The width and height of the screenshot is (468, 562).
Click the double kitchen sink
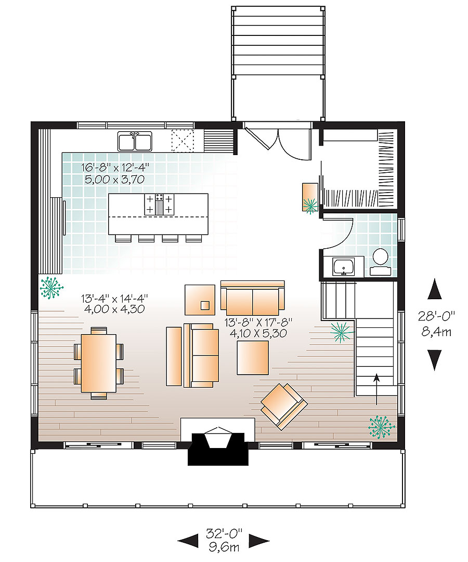click(135, 141)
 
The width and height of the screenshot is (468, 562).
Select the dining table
click(99, 363)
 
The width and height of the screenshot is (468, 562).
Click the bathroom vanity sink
click(343, 267)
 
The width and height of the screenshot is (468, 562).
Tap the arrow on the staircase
click(376, 388)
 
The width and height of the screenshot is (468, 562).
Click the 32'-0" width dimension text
click(224, 534)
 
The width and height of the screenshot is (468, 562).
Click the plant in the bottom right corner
click(381, 426)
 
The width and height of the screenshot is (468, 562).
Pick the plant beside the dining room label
click(51, 288)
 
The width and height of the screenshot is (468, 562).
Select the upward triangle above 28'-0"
click(434, 289)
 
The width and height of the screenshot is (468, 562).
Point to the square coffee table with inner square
click(200, 300)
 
